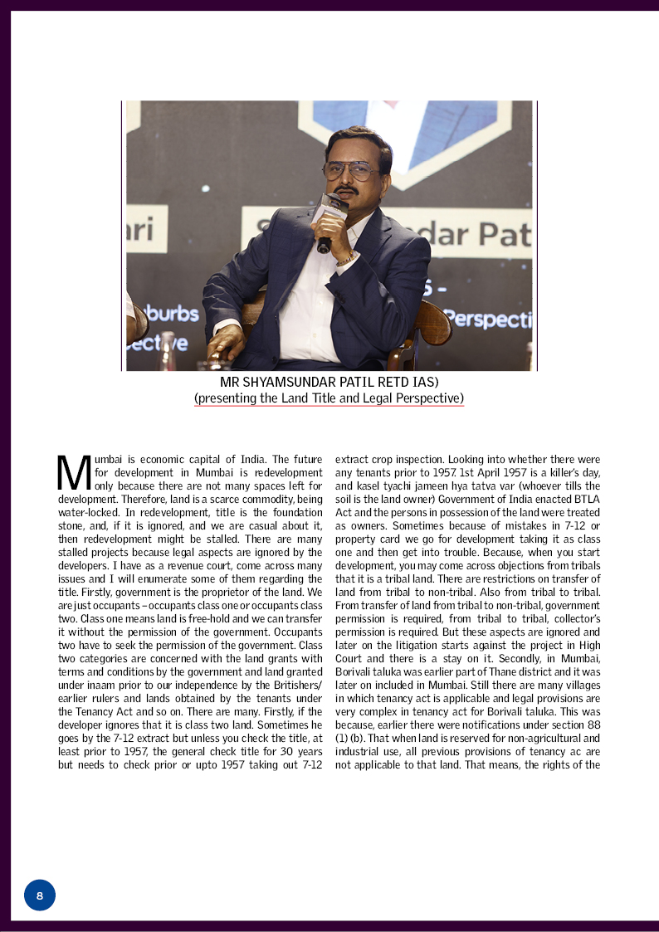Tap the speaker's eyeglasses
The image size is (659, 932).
pyautogui.click(x=350, y=170)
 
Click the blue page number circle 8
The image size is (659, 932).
pyautogui.click(x=40, y=895)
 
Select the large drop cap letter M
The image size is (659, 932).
pyautogui.click(x=73, y=472)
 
